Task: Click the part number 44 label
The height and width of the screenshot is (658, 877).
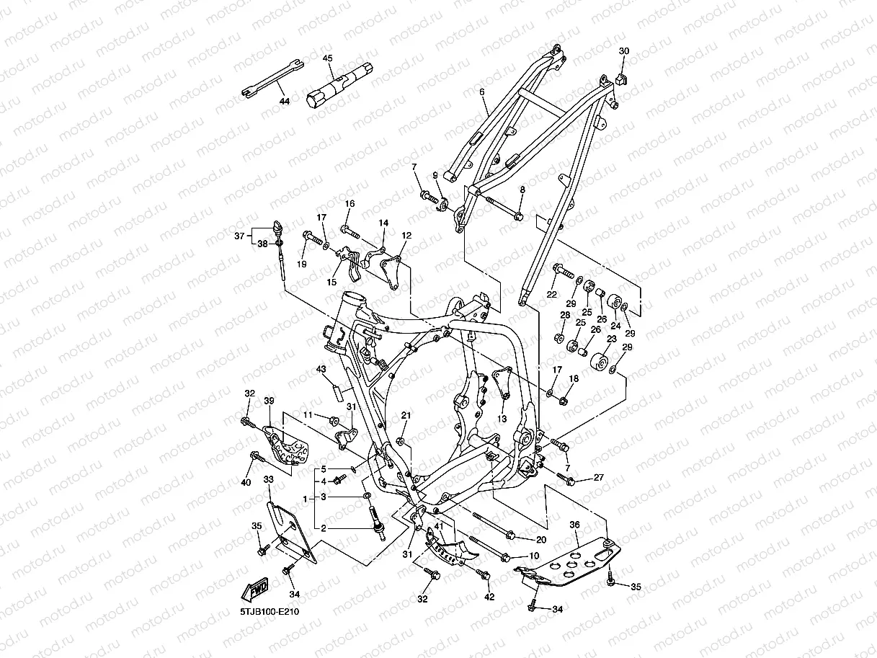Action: coord(284,102)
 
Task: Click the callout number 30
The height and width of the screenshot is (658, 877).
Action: coord(624,51)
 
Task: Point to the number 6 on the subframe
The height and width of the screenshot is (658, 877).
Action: coord(481,92)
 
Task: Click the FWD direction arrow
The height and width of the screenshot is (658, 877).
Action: coord(256,589)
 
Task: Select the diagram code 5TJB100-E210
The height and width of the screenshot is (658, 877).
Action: coord(270,612)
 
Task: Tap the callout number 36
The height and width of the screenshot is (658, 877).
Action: coord(574,525)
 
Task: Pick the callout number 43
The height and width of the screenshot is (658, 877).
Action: coord(321,369)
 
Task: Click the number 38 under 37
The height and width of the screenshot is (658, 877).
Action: coord(262,244)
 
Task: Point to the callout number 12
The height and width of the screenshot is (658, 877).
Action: coord(406,235)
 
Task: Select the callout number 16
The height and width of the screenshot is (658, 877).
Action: coord(350,204)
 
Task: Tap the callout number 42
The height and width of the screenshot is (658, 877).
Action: coord(489,597)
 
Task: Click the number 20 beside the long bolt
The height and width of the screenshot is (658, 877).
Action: coord(541,539)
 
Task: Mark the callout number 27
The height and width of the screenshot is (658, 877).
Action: coord(598,478)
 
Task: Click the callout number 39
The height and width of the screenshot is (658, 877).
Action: coord(269,401)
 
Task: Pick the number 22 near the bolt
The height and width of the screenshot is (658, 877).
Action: coord(552,294)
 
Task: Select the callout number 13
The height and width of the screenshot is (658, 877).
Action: coord(502,419)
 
